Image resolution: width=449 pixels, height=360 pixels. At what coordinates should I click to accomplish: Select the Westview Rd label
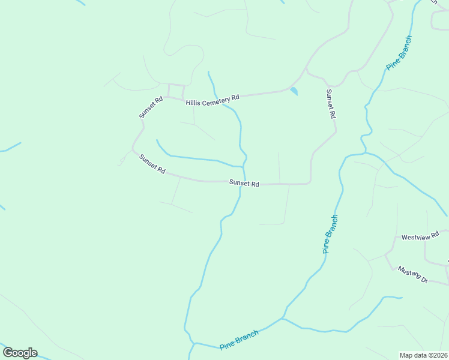click(421, 235)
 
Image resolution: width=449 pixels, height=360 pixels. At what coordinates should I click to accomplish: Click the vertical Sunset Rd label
click(330, 104)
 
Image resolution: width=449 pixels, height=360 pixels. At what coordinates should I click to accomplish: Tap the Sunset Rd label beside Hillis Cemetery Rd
click(151, 108)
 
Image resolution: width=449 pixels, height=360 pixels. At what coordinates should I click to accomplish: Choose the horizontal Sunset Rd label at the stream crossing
click(244, 184)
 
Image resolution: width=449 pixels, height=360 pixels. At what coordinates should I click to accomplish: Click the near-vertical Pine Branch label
click(330, 234)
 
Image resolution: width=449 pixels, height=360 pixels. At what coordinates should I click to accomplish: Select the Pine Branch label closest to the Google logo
click(239, 340)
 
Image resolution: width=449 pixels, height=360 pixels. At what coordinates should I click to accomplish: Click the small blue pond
click(294, 91)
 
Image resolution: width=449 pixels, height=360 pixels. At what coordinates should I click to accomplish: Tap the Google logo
click(20, 353)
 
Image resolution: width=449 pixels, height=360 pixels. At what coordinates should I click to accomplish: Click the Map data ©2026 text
click(424, 355)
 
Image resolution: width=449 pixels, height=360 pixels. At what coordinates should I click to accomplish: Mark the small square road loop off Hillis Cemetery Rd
click(176, 91)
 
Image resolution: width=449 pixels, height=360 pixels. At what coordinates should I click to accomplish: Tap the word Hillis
click(193, 103)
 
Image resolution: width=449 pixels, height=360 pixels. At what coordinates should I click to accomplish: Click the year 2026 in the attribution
click(441, 355)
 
